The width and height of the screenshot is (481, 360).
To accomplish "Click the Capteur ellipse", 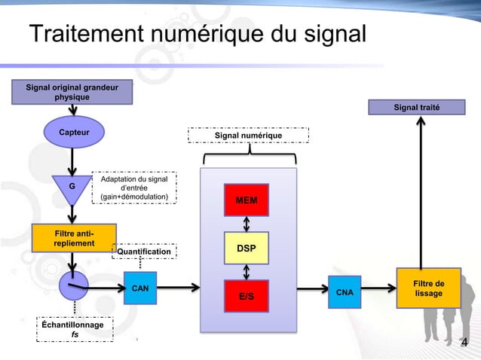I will tap(74, 133).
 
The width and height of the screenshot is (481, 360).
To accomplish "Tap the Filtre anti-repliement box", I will tap(74, 237).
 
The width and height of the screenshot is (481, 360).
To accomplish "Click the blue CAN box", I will tap(139, 288).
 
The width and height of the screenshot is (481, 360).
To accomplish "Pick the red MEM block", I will tap(246, 200).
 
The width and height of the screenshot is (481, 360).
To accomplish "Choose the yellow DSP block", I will tap(246, 248).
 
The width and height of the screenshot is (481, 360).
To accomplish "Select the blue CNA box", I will tap(345, 291).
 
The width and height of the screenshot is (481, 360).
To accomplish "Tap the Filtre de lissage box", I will tap(428, 288).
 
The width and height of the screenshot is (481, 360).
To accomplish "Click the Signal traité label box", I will tap(416, 107).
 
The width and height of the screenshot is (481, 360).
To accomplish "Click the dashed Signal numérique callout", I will tap(248, 135).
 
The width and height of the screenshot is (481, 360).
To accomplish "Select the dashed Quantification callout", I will tap(144, 251).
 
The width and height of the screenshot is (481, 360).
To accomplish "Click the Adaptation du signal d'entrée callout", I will tap(134, 188).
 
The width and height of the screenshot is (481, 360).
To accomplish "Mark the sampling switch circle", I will tap(73, 285).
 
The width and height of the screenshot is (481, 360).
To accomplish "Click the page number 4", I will tap(464, 344).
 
